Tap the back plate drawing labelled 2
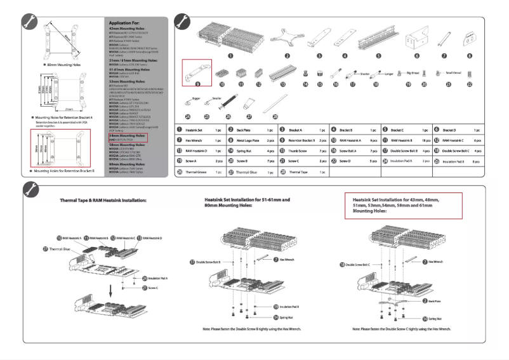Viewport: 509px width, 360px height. point(287,38)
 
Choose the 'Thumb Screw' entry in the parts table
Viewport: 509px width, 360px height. point(293,150)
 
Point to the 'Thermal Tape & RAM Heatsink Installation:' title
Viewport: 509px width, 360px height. point(104,200)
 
